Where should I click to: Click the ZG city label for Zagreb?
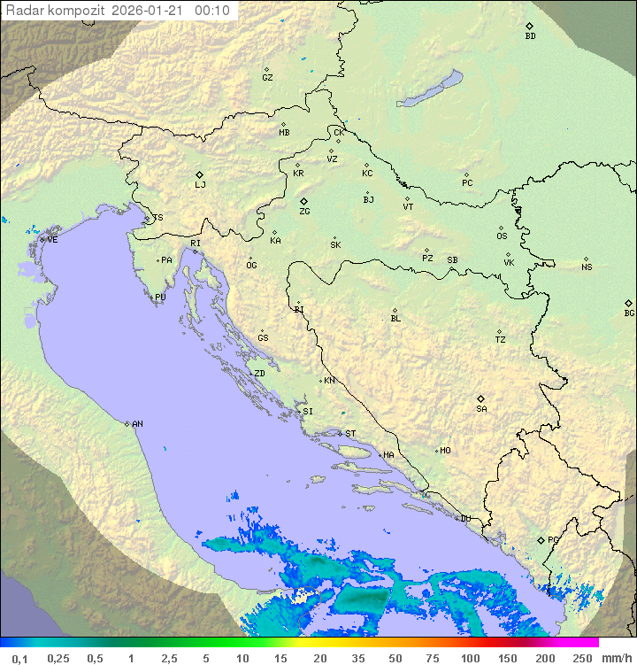pyautogui.click(x=304, y=212)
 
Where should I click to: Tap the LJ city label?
pyautogui.click(x=200, y=185)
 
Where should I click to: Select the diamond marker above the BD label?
pyautogui.click(x=529, y=27)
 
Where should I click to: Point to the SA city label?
pyautogui.click(x=481, y=409)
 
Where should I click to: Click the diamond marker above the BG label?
pyautogui.click(x=629, y=303)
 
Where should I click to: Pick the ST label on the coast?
pyautogui.click(x=350, y=434)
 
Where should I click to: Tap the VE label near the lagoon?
pyautogui.click(x=52, y=240)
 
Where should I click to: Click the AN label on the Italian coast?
pyautogui.click(x=137, y=424)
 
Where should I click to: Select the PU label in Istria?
pyautogui.click(x=160, y=298)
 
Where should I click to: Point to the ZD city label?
pyautogui.click(x=259, y=374)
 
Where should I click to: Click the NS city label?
pyautogui.click(x=587, y=267)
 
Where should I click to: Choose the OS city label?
pyautogui.click(x=502, y=236)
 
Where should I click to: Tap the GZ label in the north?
pyautogui.click(x=267, y=78)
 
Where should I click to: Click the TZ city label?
pyautogui.click(x=500, y=340)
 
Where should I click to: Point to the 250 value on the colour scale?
pyautogui.click(x=581, y=658)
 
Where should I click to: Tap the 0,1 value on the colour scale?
pyautogui.click(x=19, y=658)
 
